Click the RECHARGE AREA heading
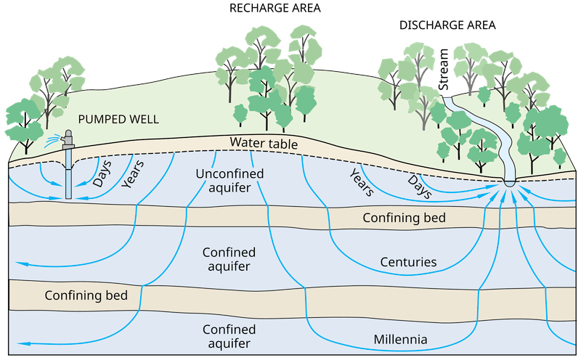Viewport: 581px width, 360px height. tap(275, 8)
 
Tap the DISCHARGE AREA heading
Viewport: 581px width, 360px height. tap(447, 25)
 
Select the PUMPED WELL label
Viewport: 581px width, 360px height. tap(118, 119)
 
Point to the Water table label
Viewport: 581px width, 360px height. tap(264, 142)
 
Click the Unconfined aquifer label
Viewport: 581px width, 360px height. tap(229, 181)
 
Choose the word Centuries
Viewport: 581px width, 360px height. tap(408, 262)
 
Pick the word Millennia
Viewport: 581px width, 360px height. tap(400, 339)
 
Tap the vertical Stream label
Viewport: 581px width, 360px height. tap(443, 69)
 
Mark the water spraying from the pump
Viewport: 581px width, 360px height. tap(52, 141)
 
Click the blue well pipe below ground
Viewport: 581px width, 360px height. tap(68, 174)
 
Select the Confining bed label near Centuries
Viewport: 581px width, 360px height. tap(404, 218)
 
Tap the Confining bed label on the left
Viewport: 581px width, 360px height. tap(86, 295)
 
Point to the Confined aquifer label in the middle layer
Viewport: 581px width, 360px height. tap(229, 259)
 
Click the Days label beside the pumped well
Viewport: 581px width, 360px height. tap(102, 173)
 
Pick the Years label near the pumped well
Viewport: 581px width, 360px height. tap(132, 174)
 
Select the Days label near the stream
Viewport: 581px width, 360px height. tap(420, 187)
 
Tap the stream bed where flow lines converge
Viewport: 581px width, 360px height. tap(510, 184)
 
